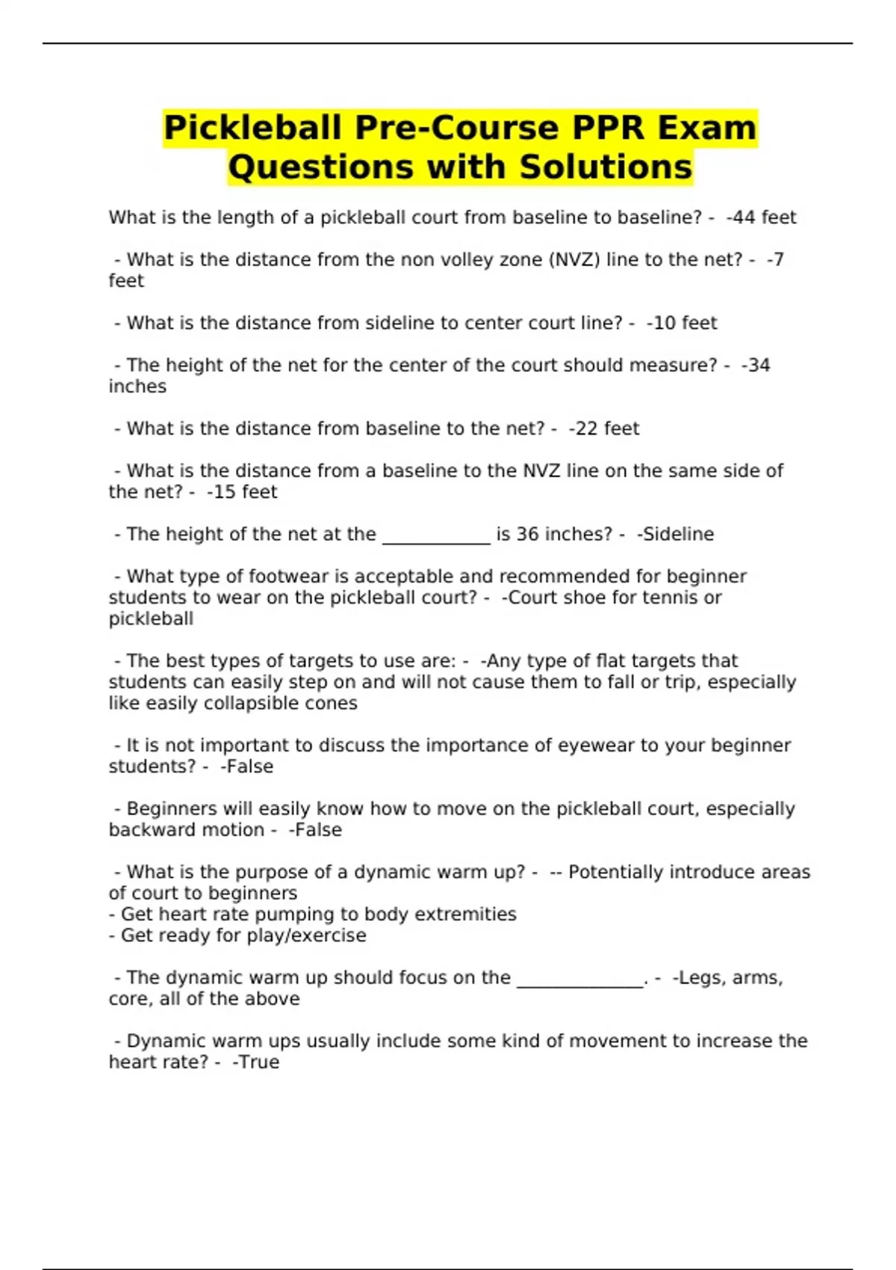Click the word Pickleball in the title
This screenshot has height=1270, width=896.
pyautogui.click(x=252, y=128)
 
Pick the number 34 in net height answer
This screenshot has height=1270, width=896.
pyautogui.click(x=759, y=365)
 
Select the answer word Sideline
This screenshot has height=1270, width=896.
pyautogui.click(x=678, y=534)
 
